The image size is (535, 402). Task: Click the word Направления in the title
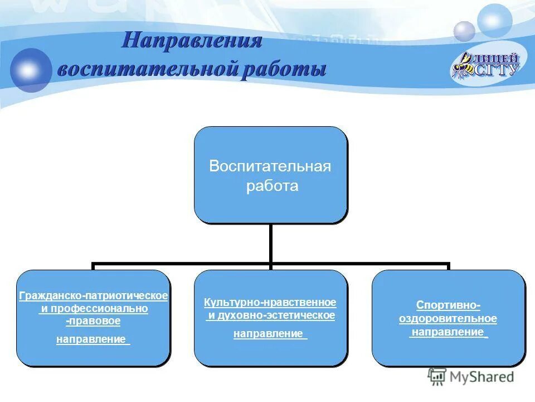click(x=192, y=41)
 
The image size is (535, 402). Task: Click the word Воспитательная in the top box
click(x=270, y=166)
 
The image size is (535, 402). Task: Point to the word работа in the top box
click(x=272, y=186)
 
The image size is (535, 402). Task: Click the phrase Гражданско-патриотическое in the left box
click(x=93, y=295)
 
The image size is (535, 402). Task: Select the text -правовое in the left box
click(x=93, y=321)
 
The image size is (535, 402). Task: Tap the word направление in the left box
click(x=91, y=339)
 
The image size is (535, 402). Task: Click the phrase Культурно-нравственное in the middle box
click(x=270, y=302)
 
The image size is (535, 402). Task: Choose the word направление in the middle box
click(x=268, y=334)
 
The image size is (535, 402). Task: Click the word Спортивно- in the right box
click(x=448, y=305)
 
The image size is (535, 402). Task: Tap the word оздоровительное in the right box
click(x=448, y=319)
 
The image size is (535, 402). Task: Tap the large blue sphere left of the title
click(x=31, y=70)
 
